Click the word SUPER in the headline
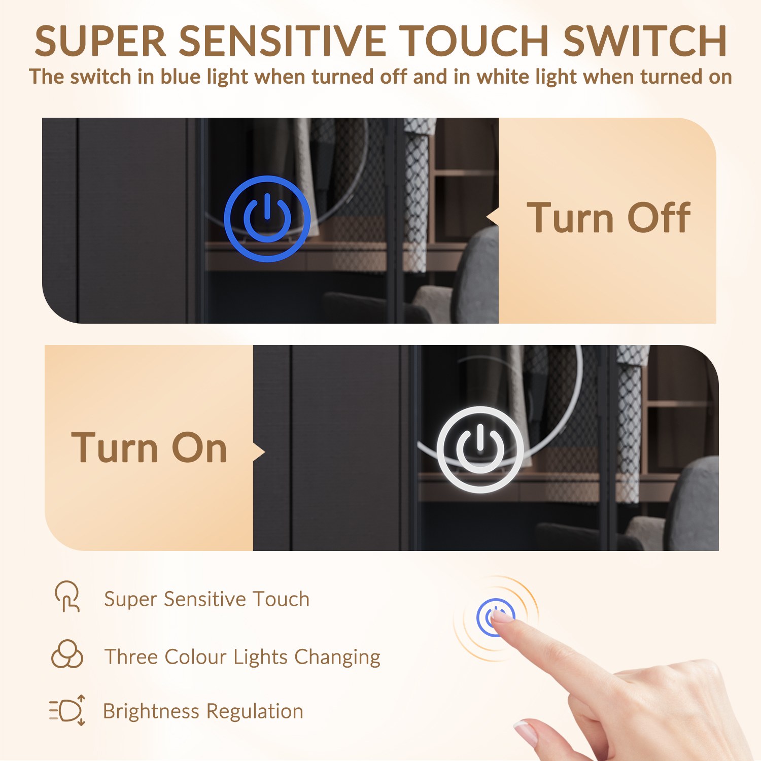point(100,41)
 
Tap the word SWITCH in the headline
point(645,41)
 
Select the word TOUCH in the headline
point(475,41)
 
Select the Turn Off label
point(608,218)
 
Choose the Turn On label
point(149,448)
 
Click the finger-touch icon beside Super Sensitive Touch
point(67,597)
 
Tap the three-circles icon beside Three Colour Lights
point(67,654)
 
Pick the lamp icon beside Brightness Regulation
point(67,710)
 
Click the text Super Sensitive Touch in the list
point(206,599)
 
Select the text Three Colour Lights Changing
point(243,657)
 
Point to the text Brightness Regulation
point(203,711)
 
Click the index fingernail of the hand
point(502,615)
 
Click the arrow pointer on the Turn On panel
point(259,452)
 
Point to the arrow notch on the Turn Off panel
point(493,218)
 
